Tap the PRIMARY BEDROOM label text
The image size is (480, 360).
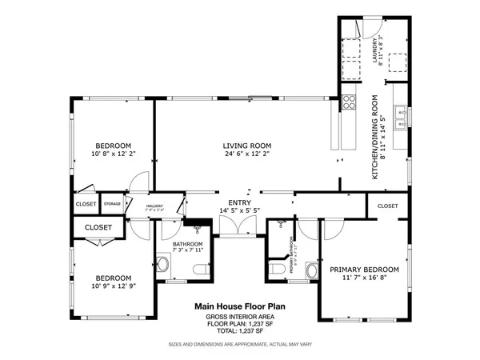[x=364, y=270]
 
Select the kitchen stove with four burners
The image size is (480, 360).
[x=349, y=102]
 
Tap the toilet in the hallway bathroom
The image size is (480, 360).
[x=162, y=263]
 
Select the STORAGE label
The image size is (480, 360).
[x=112, y=204]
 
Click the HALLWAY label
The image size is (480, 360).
[x=154, y=207]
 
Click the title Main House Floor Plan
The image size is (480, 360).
[x=239, y=306]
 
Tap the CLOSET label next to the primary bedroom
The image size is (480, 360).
[x=387, y=206]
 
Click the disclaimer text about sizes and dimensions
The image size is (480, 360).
[x=239, y=344]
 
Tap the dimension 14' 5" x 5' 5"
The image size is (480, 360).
[x=239, y=211]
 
